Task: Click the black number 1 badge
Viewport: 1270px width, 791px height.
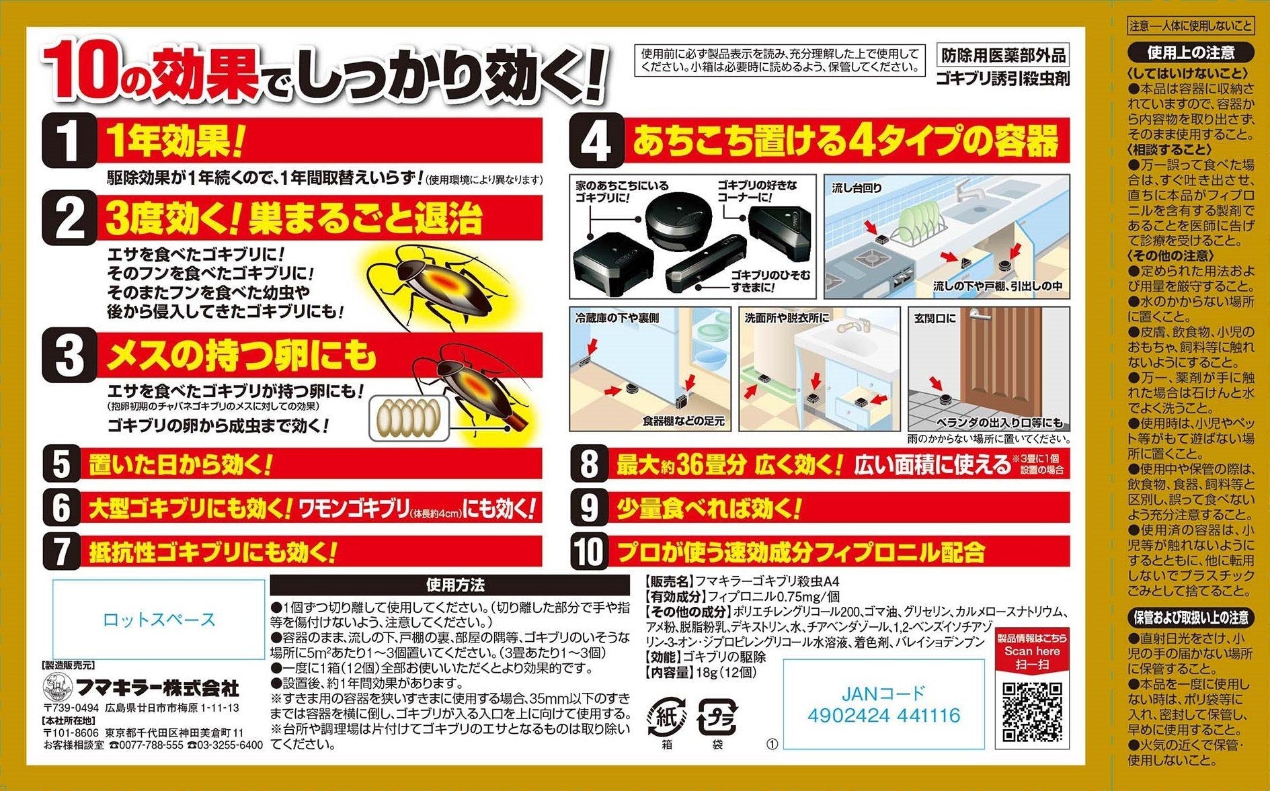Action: coord(68,140)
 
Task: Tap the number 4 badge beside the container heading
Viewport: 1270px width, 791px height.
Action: coord(596,142)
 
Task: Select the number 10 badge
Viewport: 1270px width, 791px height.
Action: coord(589,552)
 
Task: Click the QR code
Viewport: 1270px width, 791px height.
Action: coord(1032,712)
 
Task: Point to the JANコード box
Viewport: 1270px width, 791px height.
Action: coord(884,704)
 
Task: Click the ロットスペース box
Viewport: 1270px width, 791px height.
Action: coord(159,619)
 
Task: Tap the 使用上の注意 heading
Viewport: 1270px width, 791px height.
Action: coord(1191,52)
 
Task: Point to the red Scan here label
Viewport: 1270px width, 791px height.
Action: coord(1032,651)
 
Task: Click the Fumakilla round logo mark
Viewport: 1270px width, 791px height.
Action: coord(58,686)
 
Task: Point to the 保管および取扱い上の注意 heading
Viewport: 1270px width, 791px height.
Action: coord(1191,618)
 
